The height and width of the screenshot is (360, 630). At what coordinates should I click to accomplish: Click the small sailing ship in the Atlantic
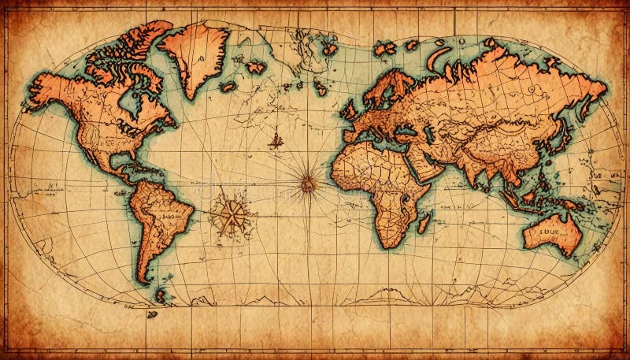(276, 141)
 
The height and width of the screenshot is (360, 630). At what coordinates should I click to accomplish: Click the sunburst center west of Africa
(308, 184)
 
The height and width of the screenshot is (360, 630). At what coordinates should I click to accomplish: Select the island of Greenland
(195, 52)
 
